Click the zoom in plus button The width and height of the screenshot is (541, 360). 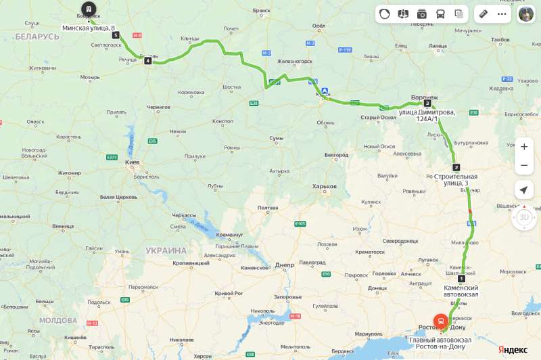click(x=524, y=147)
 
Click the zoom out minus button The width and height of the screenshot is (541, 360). click(x=524, y=166)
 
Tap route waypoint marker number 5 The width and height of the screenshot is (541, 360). click(x=116, y=35)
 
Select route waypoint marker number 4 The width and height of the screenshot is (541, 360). click(x=147, y=61)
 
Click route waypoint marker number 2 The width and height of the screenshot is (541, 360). click(x=456, y=167)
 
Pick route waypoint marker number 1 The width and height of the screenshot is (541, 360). click(x=461, y=279)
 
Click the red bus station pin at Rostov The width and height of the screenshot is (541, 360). click(x=440, y=321)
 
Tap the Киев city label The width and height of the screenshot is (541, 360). click(x=132, y=163)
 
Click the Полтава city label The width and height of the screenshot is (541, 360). click(x=268, y=208)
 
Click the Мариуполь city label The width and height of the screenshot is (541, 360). click(x=368, y=334)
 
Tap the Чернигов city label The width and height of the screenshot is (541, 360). click(x=158, y=107)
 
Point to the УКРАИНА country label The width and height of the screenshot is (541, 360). click(x=166, y=250)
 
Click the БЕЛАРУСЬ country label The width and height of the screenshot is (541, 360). click(x=37, y=36)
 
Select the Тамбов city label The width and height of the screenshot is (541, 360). click(x=500, y=40)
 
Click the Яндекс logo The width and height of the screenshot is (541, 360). click(x=513, y=349)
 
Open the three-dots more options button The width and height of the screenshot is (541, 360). click(x=502, y=14)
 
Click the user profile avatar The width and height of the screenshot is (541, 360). click(x=525, y=14)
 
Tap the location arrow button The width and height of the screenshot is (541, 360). click(x=524, y=190)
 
